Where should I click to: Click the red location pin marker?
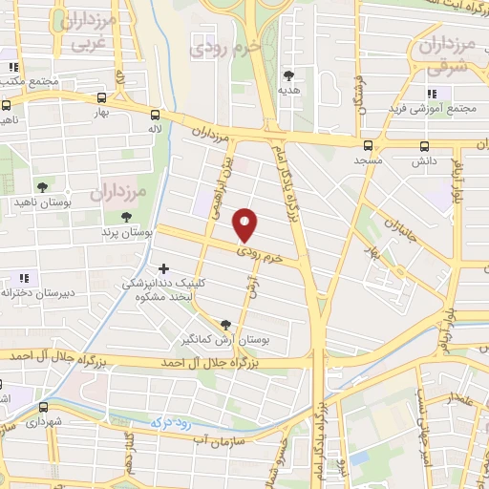245,223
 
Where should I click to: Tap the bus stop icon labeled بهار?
101,96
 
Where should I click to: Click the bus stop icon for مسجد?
369,146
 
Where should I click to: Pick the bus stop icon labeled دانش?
425,146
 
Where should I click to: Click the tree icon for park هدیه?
288,74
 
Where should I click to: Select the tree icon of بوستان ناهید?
41,187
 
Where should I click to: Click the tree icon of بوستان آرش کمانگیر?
225,325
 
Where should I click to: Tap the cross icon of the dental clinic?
164,269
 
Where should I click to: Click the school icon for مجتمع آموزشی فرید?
431,94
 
